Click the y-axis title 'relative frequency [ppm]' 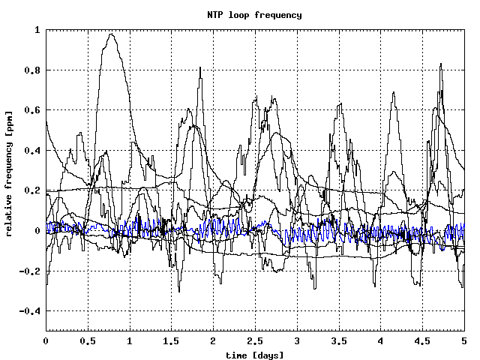9,180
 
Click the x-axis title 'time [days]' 254,353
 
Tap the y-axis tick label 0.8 33,70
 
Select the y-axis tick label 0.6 33,110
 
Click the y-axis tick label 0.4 33,151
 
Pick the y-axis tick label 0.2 33,190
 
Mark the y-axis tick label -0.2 31,271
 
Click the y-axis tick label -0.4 31,311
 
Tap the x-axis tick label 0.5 88,340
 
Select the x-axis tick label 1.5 171,340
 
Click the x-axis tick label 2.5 255,340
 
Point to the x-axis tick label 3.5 338,340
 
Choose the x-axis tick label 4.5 422,340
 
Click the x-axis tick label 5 463,340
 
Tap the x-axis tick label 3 297,340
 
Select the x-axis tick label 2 213,340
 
